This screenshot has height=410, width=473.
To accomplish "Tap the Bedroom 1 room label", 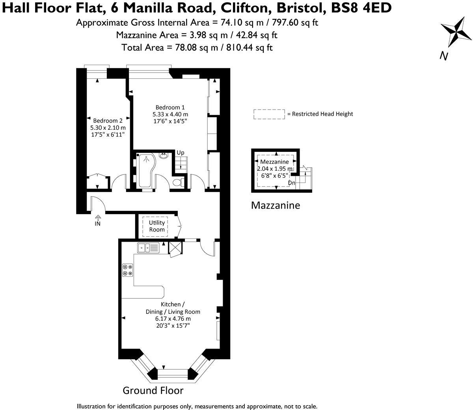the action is coord(170,107).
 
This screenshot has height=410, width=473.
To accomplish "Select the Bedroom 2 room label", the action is coord(108,121).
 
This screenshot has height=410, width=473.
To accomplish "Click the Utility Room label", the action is coord(157,226).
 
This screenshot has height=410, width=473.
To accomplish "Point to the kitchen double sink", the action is coord(148,248).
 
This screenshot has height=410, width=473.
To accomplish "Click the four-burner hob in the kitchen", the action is coord(127,270).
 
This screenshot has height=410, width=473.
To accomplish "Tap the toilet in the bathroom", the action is coord(178,183).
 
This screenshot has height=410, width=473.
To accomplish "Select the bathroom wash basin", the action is coord(164,155).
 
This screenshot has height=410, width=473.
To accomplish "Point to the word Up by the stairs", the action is coord(180,153).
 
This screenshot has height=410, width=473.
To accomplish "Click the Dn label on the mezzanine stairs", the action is coord(292,183).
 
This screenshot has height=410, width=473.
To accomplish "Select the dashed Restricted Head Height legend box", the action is coord(269,114).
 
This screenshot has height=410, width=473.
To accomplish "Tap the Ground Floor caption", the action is coord(153,390).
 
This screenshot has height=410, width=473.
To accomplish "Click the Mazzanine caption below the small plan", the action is coord(276,205).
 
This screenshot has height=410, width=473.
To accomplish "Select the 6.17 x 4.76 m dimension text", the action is coord(173,319).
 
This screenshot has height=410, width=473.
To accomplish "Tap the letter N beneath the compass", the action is coord(444,56).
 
